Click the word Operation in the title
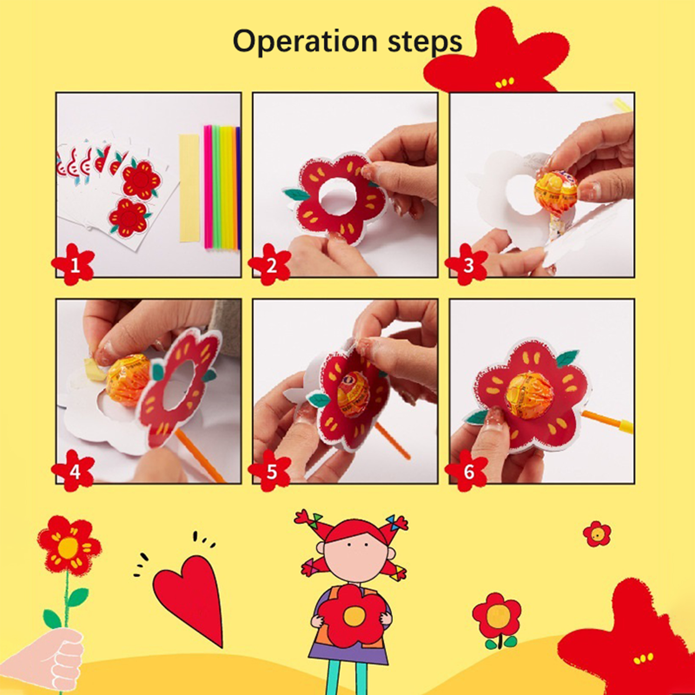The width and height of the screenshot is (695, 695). pos(305,42)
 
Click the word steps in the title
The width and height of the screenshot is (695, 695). pos(425,42)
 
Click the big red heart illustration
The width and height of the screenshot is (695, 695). pos(191,595)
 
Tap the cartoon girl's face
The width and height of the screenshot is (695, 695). pos(356,556)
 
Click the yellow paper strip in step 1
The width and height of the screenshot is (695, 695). pos(189,188)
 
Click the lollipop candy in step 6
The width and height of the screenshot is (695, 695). pos(530,395)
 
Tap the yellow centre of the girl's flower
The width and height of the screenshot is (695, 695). pos(354,616)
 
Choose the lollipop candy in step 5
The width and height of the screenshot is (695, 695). pos(353,394)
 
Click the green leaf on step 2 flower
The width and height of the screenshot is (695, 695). pos(297,195)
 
